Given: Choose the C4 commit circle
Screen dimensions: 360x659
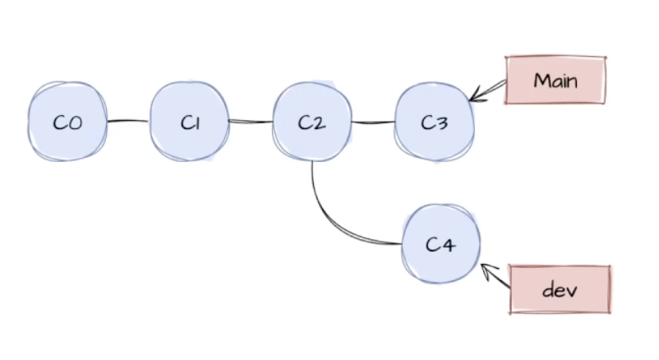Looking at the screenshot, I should tap(440, 242).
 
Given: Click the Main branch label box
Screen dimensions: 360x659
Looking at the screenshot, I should tap(555, 80).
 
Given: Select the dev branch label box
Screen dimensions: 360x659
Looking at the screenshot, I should tap(560, 289).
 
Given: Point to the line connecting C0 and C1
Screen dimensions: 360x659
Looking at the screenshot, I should tap(128, 122).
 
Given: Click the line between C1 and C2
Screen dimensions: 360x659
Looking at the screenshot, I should tap(251, 122).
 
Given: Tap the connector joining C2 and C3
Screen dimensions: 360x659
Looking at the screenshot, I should tap(373, 123).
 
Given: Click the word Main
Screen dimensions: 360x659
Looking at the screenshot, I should tap(555, 80).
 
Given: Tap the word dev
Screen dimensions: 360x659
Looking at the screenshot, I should tap(560, 290).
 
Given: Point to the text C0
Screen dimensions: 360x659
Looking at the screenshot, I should tap(67, 122).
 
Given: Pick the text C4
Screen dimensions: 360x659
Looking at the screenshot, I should tap(440, 244).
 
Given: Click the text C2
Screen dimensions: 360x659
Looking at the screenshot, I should tap(312, 122).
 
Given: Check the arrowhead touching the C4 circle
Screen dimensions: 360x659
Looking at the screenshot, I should tap(485, 269).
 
